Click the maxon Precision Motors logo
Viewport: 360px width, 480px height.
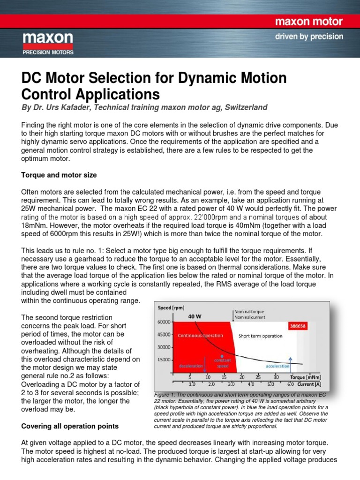(x=48, y=44)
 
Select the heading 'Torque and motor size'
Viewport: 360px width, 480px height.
(x=59, y=175)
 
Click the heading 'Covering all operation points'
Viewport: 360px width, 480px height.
(x=69, y=426)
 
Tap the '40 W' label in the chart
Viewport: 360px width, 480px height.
(x=195, y=316)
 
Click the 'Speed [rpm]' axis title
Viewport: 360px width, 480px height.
(x=172, y=308)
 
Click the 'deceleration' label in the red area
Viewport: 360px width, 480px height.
(x=191, y=365)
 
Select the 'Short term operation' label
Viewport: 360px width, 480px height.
(x=260, y=336)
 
